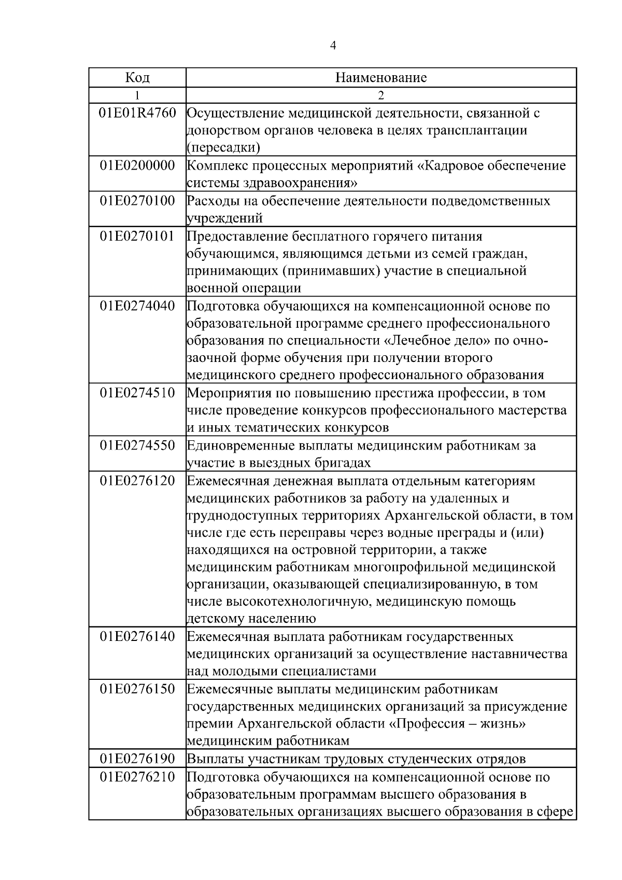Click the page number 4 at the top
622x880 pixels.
point(333,46)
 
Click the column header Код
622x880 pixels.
point(137,78)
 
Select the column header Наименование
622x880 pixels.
point(381,78)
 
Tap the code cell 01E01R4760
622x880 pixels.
point(137,113)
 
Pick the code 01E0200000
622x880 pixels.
point(137,165)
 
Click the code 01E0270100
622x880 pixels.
point(137,201)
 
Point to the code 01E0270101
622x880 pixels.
point(137,236)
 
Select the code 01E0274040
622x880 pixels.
point(137,306)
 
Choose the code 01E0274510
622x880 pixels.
point(137,393)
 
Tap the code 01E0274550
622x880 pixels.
point(137,445)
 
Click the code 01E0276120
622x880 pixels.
point(137,481)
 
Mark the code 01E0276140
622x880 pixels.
point(137,637)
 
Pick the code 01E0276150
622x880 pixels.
point(137,689)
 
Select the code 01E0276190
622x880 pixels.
point(137,759)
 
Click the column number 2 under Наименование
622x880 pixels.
point(381,95)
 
